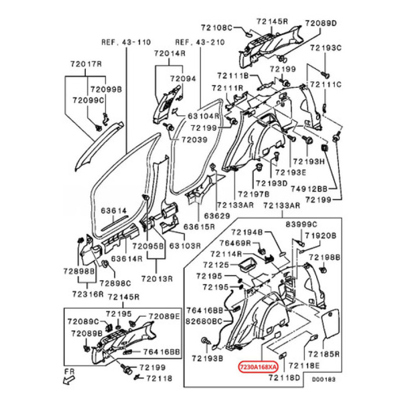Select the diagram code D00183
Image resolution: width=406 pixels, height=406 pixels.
[x=323, y=379]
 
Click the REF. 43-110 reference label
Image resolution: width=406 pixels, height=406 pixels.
[x=119, y=42]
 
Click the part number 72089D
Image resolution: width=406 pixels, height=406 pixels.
[x=321, y=23]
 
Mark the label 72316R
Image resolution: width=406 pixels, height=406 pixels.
[x=87, y=294]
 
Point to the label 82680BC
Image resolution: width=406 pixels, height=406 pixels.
[x=204, y=321]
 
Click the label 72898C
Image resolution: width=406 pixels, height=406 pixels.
[x=115, y=283]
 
